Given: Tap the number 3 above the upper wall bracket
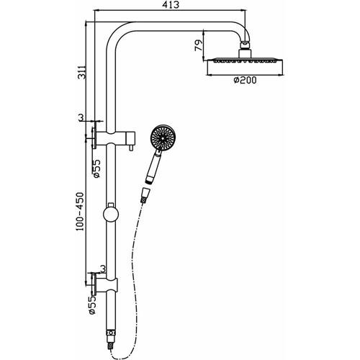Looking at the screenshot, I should tap(82, 116).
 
